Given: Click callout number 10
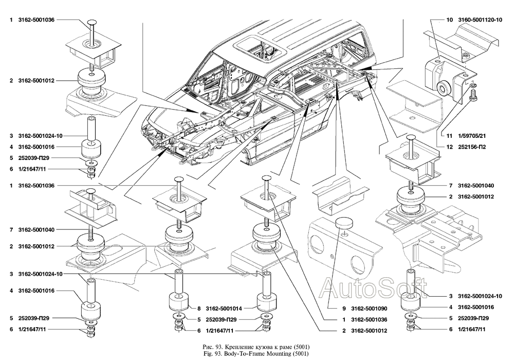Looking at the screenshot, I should pos(449,20).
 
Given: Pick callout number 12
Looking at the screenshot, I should pos(449,147).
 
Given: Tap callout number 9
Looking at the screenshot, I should pos(338,310).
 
